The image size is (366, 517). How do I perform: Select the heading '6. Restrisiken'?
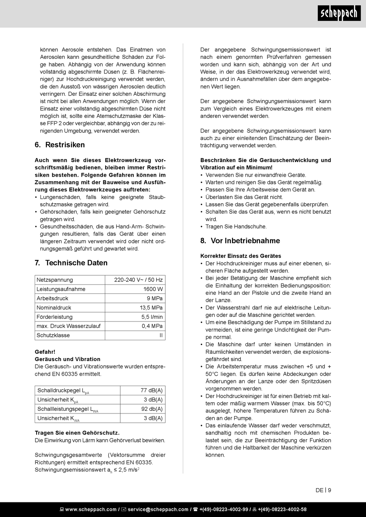coord(60,145)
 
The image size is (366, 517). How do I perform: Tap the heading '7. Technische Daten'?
coord(71,263)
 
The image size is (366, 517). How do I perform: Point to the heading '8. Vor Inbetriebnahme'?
coord(240,241)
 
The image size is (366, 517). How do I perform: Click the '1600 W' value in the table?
coord(153,289)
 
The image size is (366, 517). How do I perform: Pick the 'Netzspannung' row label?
coord(55,280)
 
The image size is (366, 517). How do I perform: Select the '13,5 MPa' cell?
coord(151,308)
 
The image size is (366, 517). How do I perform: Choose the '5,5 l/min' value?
coord(152,317)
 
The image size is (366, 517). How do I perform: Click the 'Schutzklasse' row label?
coord(53,335)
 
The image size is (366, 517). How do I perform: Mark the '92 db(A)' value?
coord(152,409)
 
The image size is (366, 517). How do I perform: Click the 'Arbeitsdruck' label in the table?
coord(52,298)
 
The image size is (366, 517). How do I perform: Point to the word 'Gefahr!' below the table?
coord(45,352)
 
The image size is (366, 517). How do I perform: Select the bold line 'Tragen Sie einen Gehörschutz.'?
coord(77,433)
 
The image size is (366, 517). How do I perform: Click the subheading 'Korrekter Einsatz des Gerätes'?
coord(241,256)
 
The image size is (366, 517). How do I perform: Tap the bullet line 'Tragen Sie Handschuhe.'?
coord(236,227)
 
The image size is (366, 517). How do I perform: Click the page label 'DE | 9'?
coord(323,490)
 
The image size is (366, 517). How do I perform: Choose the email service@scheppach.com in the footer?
coord(158,509)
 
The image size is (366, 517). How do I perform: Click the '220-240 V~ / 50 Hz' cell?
coord(138,280)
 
